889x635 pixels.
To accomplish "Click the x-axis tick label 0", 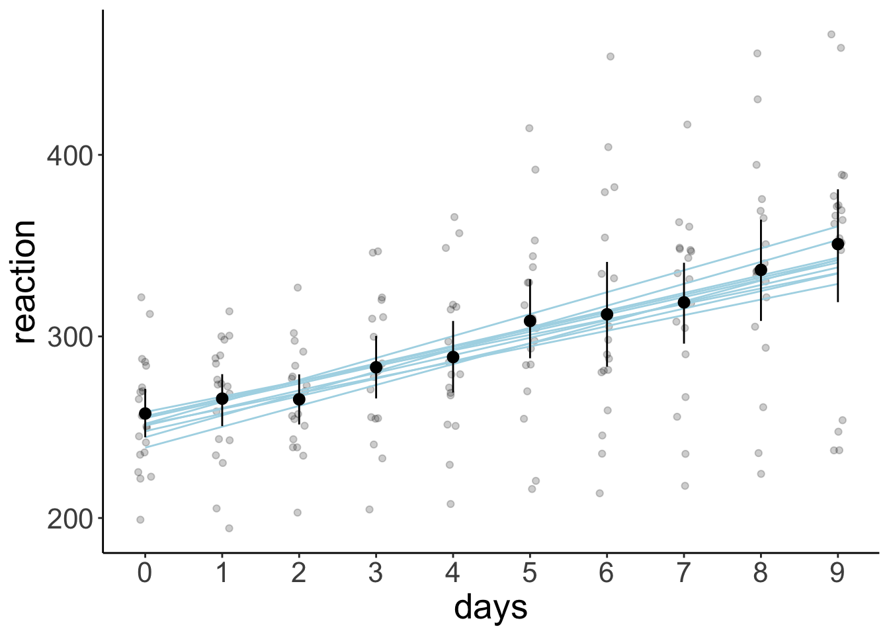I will coord(145,572).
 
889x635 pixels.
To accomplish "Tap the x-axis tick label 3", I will coord(376,572).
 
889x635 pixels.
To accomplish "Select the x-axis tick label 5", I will coord(530,572).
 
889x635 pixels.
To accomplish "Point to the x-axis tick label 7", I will coord(684,572).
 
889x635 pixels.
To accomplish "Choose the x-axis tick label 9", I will coord(837,572).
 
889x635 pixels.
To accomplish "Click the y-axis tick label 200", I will coord(71,519).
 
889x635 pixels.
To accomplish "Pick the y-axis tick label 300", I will coord(71,337).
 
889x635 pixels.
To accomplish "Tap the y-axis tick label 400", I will coord(71,155).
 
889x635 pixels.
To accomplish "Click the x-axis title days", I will coord(491,607).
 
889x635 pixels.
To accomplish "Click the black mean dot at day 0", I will coord(145,413).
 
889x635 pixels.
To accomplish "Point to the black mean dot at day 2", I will coord(299,399).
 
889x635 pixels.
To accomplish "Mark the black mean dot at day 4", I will coord(453,357).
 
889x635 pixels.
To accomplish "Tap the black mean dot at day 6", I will coord(607,314).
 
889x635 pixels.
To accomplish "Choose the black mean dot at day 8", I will coord(761,270).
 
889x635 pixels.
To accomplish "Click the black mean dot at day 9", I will coord(837,244).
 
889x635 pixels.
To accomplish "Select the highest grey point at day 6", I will coord(611,57).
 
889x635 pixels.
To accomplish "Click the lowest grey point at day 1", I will coord(229,528).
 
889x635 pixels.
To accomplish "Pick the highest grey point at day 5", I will coord(529,128).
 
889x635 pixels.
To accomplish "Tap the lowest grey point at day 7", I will coord(685,486).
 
